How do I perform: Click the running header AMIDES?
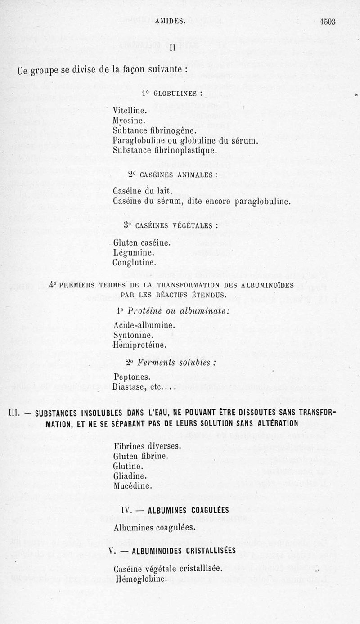click(170, 20)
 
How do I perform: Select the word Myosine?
click(129, 120)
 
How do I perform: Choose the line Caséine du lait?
click(140, 192)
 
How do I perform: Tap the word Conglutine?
click(135, 262)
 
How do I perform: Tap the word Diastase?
click(130, 387)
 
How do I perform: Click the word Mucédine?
click(133, 485)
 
